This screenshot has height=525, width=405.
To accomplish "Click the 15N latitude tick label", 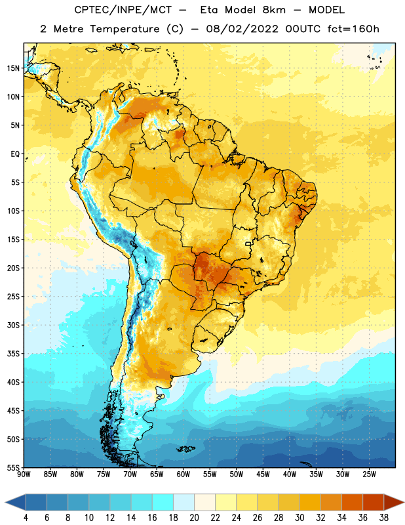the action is pos(13,68).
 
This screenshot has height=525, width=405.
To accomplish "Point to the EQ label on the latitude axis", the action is pos(15,154).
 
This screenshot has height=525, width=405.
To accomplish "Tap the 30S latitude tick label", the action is pos(13,325).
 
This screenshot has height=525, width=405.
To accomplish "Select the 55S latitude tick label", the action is pos(13,468).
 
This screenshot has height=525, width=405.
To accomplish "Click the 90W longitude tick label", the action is pos(24,474).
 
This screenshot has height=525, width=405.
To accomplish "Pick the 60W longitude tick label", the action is pos(183,474).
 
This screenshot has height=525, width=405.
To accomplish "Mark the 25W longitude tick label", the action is pos(369,474).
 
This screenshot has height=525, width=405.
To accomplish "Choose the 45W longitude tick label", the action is pos(263,474).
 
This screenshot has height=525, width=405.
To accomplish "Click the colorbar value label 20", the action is pos(194,518).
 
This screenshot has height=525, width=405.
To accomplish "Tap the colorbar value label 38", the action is pos(384,518).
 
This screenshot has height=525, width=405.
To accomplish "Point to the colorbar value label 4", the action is pos(26,518).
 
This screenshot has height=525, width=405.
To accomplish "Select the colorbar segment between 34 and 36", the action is pos(352,503).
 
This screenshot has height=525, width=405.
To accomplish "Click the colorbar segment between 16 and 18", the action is pos(163,503).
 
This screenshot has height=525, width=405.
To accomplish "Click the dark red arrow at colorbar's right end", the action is pos(393,503).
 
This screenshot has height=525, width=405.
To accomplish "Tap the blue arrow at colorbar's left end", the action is pos(16,503).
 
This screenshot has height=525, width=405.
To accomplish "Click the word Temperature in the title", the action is pos(125,29).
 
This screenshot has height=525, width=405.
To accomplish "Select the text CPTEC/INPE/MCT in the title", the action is pos(123,10).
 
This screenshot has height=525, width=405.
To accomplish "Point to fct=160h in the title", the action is pos(353,29).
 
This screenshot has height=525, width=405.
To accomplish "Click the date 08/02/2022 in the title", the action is pos(242,29).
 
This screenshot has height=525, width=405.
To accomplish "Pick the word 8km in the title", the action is pos(274,10).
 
